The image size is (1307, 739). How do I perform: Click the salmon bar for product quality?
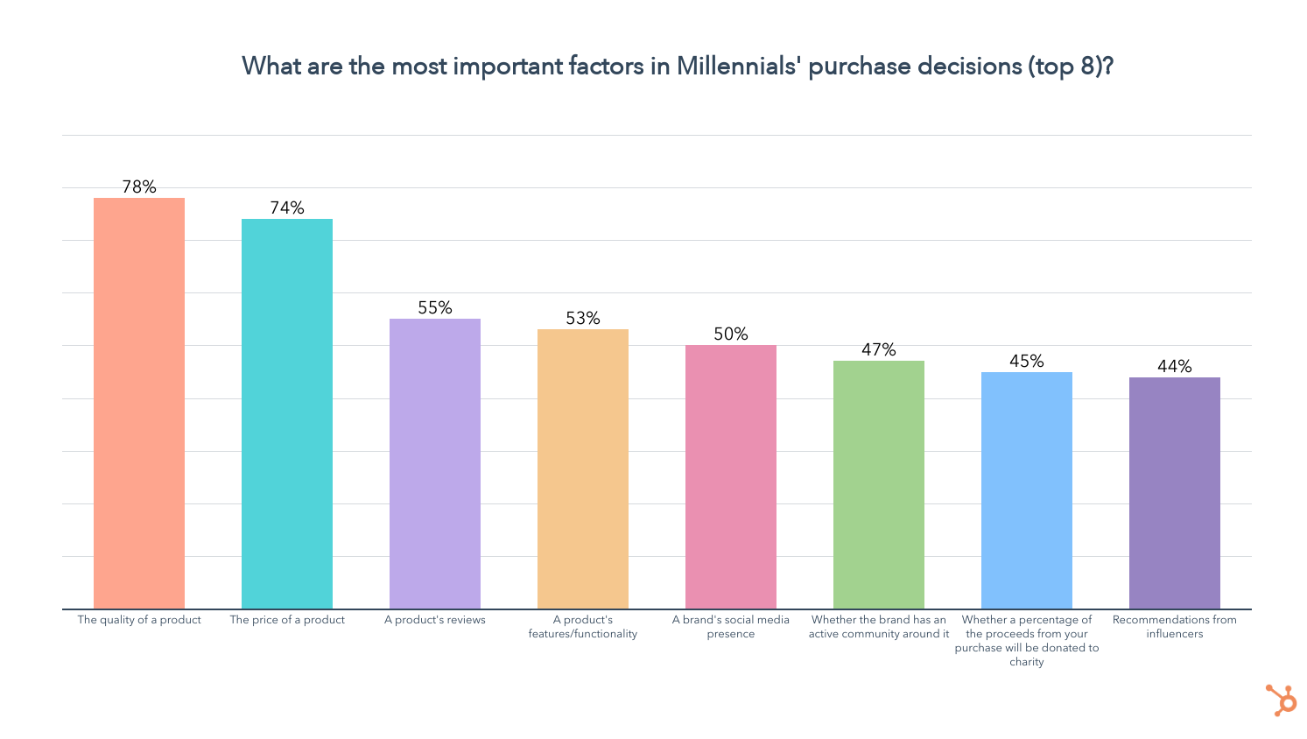(139, 403)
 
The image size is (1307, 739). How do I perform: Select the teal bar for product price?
(287, 413)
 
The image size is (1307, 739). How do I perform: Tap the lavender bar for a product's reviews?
(435, 463)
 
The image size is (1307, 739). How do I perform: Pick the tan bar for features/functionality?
(583, 468)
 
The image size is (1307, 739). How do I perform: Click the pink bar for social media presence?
(731, 476)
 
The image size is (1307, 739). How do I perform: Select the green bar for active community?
(879, 484)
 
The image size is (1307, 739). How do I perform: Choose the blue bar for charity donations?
(1027, 490)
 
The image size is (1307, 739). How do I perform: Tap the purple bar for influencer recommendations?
(1175, 493)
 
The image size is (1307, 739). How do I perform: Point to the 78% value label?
(139, 187)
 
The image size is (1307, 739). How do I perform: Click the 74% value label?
(287, 208)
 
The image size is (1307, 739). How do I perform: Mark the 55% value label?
(435, 307)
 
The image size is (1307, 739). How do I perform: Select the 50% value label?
(731, 334)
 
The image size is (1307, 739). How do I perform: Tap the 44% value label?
(1175, 366)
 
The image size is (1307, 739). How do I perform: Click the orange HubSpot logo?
(1281, 700)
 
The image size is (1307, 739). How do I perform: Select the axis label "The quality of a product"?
(139, 620)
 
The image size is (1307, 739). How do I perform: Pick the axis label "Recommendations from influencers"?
(1175, 626)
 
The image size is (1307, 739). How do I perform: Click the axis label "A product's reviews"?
(435, 620)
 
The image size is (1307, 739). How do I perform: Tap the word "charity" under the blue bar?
(1027, 662)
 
